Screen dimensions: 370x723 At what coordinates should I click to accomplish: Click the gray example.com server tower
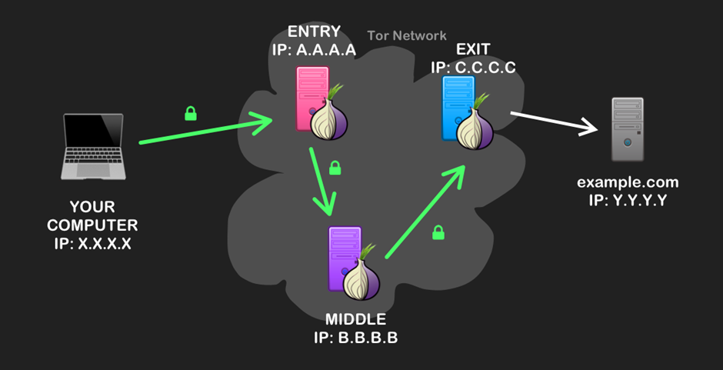(x=628, y=129)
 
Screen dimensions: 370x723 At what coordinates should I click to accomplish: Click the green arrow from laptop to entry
(x=208, y=132)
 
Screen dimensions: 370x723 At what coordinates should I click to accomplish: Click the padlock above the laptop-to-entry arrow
(x=190, y=114)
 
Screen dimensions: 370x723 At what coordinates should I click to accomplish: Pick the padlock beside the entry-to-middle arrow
(x=335, y=167)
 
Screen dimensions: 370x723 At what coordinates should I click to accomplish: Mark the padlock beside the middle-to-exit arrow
(x=438, y=232)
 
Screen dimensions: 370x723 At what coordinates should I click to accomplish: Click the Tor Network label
(x=407, y=35)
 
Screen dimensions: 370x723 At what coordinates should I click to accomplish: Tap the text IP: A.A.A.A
(x=314, y=50)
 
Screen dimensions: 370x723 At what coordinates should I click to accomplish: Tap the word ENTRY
(x=314, y=32)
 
